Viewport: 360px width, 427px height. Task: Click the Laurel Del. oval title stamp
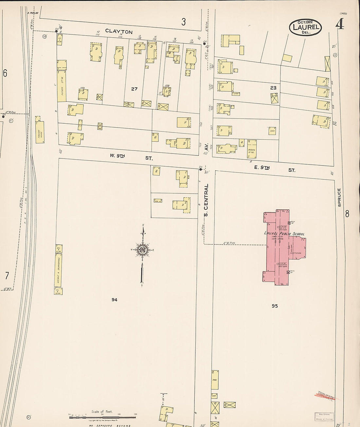pyautogui.click(x=305, y=27)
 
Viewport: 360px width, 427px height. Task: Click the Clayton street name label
pyautogui.click(x=119, y=31)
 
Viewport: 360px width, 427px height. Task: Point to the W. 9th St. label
pyautogui.click(x=131, y=157)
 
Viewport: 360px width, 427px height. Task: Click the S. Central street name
pyautogui.click(x=206, y=200)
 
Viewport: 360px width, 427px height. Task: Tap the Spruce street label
pyautogui.click(x=339, y=197)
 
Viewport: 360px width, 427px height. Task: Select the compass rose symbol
pyautogui.click(x=143, y=250)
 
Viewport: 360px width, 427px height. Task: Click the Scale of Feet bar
pyautogui.click(x=102, y=418)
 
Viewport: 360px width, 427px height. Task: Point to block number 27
pyautogui.click(x=134, y=89)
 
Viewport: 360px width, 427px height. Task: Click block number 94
pyautogui.click(x=114, y=299)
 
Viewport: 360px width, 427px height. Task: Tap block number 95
pyautogui.click(x=274, y=306)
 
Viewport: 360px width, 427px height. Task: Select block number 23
pyautogui.click(x=273, y=88)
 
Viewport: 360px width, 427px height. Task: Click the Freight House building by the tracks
pyautogui.click(x=41, y=132)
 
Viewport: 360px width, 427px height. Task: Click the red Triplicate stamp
pyautogui.click(x=327, y=397)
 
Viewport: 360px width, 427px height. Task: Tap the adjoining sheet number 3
pyautogui.click(x=184, y=22)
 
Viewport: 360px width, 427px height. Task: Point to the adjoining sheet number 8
pyautogui.click(x=347, y=214)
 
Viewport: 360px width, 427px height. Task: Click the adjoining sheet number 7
pyautogui.click(x=7, y=276)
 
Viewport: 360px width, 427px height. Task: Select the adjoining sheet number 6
pyautogui.click(x=5, y=73)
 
